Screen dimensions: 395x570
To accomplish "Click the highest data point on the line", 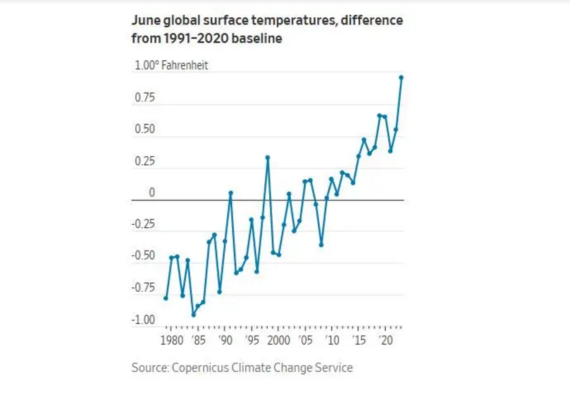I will point(401,77).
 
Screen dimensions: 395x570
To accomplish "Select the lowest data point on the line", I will point(193,315).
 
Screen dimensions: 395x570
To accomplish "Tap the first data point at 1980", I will point(166,298).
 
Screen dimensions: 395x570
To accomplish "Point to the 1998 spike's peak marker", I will point(268,157).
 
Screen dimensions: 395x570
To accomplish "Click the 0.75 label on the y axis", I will point(145,98).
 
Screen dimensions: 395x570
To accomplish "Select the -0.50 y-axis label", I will point(143,255).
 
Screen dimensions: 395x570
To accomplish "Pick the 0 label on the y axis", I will point(152,193).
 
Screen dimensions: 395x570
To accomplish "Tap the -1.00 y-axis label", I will point(143,319).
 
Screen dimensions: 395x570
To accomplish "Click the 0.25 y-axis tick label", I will point(145,161).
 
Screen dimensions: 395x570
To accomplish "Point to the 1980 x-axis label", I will point(171,340).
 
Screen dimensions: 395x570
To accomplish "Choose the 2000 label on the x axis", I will point(278,340).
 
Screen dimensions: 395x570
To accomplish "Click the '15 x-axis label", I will point(359,340).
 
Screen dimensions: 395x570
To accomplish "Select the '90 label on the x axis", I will point(225,340).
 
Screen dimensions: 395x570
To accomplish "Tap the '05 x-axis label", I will point(305,340).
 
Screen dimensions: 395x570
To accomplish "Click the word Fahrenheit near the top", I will point(185,65).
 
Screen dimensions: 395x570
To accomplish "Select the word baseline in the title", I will point(256,38).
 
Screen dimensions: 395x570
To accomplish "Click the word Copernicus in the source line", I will point(200,368).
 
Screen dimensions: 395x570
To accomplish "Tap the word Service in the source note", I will point(334,368).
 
